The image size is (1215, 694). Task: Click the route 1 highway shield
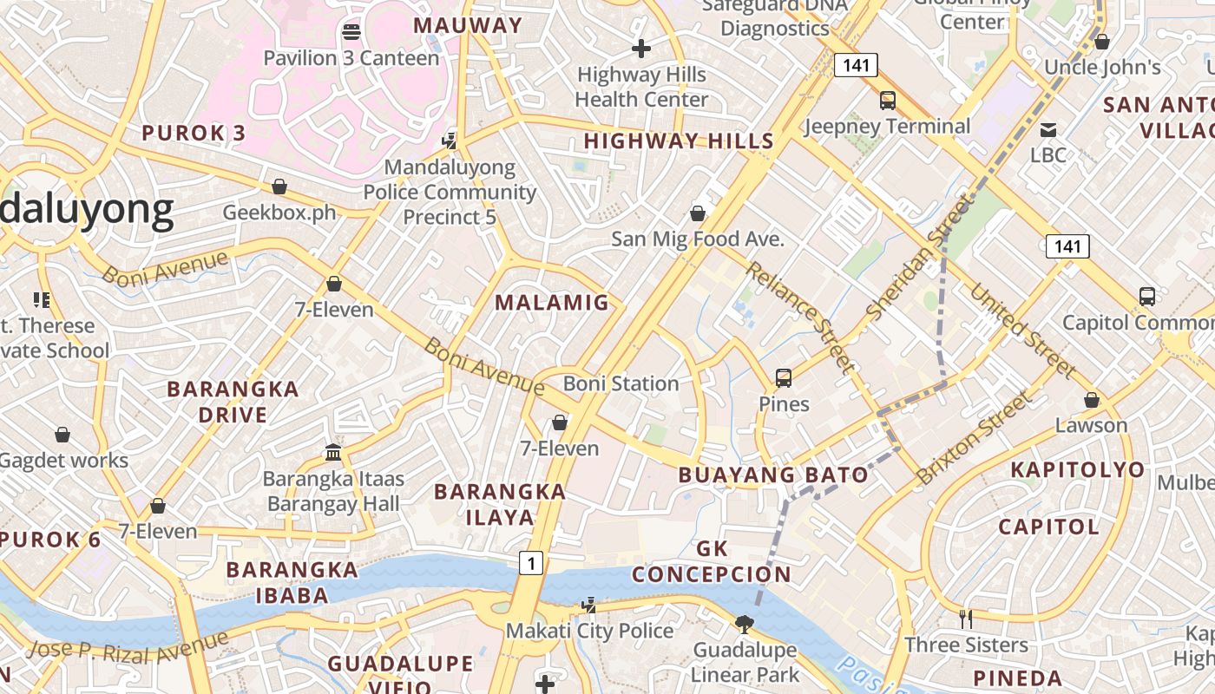(x=531, y=563)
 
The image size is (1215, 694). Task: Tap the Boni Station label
(x=621, y=383)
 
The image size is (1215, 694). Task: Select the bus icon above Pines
(x=784, y=377)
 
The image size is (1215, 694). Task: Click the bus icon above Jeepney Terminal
(x=887, y=100)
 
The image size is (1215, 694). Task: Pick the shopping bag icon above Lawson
(x=1092, y=400)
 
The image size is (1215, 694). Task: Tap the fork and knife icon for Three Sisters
(x=965, y=619)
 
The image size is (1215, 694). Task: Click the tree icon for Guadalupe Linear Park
(x=744, y=624)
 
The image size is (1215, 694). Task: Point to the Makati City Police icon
(x=589, y=605)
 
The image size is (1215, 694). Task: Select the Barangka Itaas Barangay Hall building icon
(x=333, y=452)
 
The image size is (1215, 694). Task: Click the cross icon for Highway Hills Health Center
(x=641, y=49)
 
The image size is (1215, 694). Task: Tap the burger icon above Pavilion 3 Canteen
(x=351, y=32)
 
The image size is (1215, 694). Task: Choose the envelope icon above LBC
(x=1048, y=130)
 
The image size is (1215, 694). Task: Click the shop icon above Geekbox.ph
(x=279, y=187)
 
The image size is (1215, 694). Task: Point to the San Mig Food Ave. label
(x=698, y=239)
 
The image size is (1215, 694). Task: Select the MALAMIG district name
(x=552, y=302)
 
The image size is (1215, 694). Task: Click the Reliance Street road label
(x=799, y=317)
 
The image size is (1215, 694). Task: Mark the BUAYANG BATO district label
(x=773, y=475)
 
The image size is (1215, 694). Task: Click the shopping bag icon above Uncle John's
(x=1102, y=41)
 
